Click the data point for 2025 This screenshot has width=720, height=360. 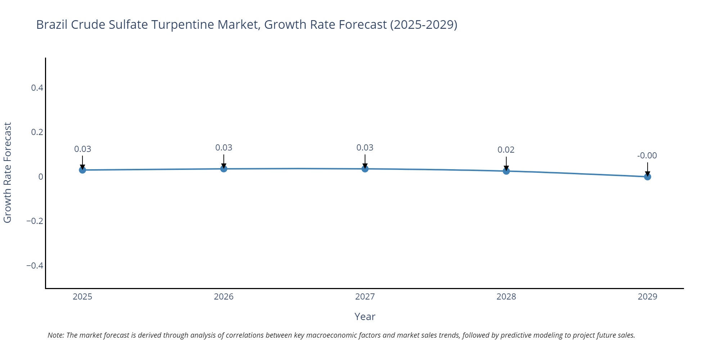82,170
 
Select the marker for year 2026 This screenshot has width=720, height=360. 224,169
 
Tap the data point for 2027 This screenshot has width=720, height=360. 365,169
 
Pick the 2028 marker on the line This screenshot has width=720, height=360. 506,171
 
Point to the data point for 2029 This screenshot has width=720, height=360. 647,177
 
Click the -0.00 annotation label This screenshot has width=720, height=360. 647,156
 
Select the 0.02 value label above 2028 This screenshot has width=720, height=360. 506,150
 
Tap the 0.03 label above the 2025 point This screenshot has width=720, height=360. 82,149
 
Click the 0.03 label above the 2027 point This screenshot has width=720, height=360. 365,148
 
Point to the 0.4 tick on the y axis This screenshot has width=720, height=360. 37,88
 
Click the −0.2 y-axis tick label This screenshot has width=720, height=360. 35,221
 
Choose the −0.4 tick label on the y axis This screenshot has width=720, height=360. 35,266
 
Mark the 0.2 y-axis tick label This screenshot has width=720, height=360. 37,132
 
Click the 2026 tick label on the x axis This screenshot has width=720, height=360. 224,297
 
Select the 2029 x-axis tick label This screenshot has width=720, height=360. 647,297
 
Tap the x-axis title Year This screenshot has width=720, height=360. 365,316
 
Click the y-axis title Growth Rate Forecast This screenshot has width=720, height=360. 8,173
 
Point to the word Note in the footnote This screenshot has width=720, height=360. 55,335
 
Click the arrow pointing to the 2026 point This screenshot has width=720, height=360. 224,161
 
